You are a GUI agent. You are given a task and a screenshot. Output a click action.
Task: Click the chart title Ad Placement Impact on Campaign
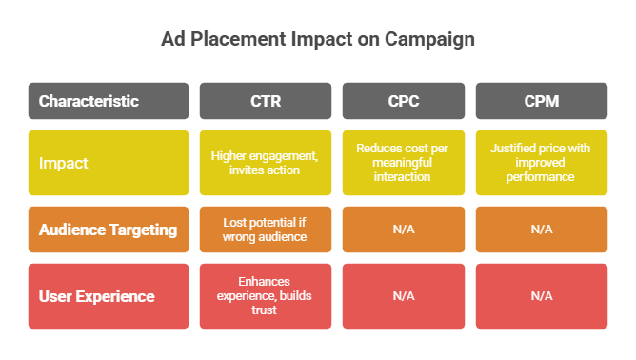pos(317,40)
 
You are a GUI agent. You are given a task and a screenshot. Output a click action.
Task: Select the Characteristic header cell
pos(109,101)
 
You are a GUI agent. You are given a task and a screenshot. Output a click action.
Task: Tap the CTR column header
pos(266,101)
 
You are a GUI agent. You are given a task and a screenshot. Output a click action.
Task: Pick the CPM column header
pos(541,101)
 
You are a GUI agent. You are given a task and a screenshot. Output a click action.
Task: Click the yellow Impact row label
pos(109,163)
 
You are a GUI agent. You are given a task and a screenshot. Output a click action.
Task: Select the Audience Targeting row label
pos(109,230)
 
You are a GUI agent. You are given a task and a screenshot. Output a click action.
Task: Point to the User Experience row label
pos(109,296)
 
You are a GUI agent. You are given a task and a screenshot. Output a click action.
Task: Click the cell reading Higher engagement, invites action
pos(266,163)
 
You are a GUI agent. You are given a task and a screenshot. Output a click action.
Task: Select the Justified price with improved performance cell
pos(541,163)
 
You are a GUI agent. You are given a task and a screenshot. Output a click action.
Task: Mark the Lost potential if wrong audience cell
pos(266,230)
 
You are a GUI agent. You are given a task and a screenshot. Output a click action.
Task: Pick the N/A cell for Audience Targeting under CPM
pos(541,230)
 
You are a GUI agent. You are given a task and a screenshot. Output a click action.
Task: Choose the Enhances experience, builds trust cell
pos(266,296)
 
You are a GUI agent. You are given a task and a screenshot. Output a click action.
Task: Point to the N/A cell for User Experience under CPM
pos(541,296)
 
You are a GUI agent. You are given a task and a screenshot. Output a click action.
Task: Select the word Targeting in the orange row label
pos(144,230)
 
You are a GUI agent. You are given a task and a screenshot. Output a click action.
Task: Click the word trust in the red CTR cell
pos(266,310)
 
